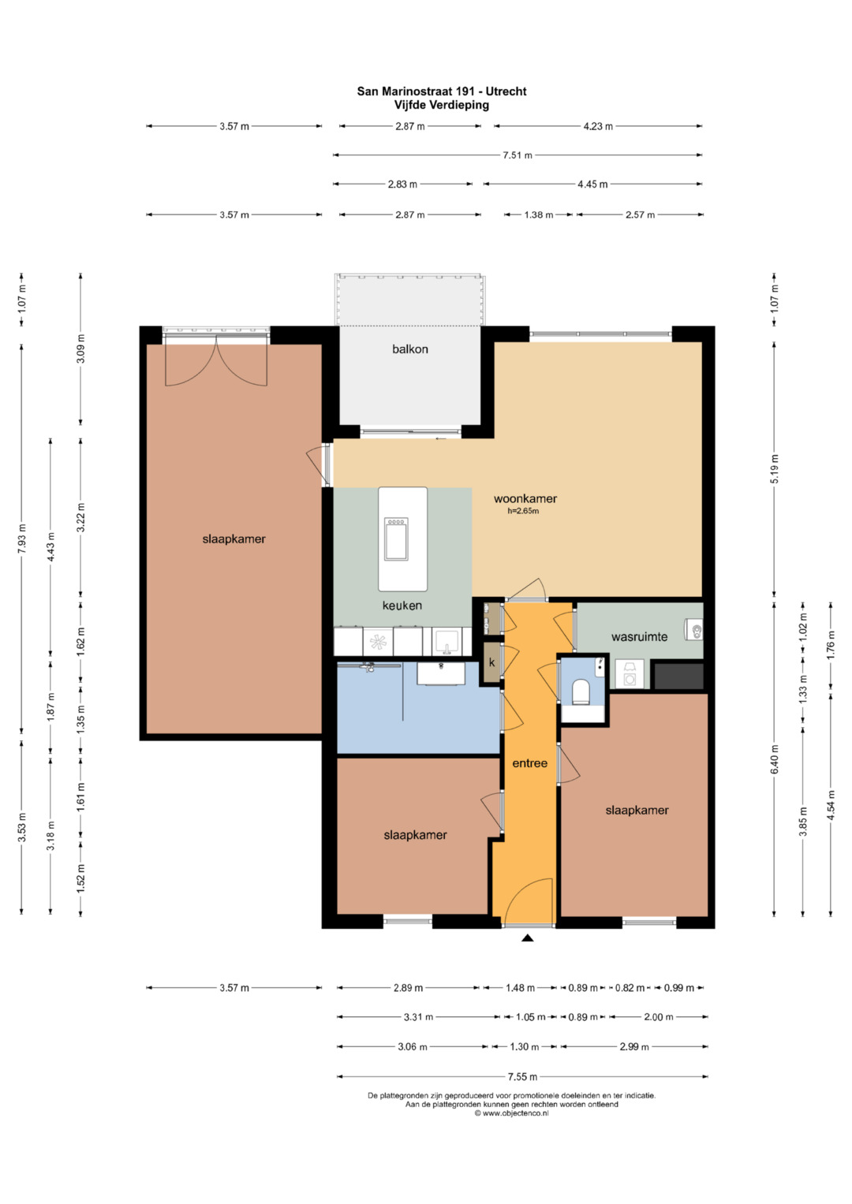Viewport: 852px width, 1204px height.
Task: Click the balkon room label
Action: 410,349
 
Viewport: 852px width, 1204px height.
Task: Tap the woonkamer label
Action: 525,499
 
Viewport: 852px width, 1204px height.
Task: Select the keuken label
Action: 402,606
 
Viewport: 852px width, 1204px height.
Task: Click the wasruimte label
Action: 639,637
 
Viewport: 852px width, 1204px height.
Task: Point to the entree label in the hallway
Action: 529,763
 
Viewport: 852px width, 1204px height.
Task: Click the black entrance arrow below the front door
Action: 528,938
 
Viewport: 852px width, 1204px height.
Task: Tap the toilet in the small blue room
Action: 581,692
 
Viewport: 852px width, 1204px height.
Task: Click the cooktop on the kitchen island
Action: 396,539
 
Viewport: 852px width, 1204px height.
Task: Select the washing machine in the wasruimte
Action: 630,674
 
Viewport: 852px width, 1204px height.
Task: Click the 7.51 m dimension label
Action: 517,155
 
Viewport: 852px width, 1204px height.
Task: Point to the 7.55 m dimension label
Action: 522,1076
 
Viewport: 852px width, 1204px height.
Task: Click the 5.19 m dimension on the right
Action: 774,468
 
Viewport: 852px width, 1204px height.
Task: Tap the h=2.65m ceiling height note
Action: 523,511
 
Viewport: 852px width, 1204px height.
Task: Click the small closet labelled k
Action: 491,663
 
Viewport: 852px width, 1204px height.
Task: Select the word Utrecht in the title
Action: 506,91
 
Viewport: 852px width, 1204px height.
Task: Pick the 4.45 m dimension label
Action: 592,185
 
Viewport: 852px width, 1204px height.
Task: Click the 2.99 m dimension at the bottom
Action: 633,1046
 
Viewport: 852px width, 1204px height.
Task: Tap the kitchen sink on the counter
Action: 446,642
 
